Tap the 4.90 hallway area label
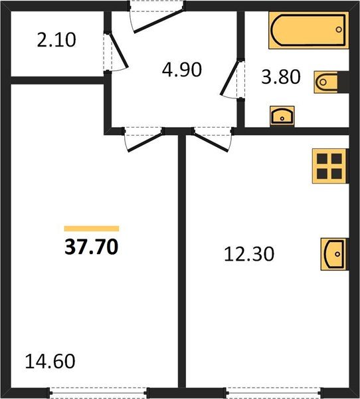(x=181, y=69)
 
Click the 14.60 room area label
(x=50, y=362)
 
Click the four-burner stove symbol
(x=329, y=166)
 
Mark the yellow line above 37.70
(x=92, y=228)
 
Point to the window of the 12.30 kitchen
(x=269, y=392)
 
